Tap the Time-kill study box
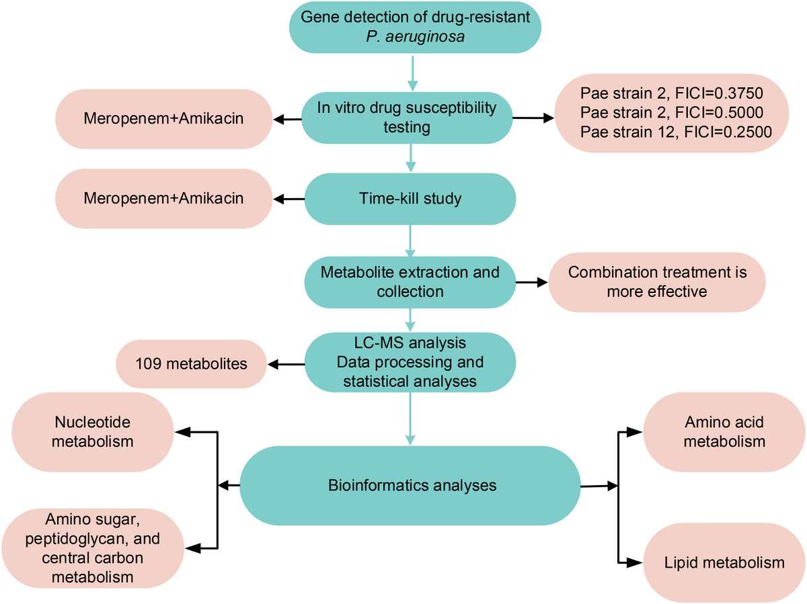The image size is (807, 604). point(410,199)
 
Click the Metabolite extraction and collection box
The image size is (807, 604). point(410,282)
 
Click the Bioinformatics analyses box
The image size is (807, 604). point(410,484)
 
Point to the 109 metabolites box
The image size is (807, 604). point(192,364)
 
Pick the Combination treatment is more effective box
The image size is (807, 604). point(657,282)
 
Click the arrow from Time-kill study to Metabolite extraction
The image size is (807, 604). point(410,241)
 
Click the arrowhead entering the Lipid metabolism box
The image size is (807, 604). point(634,562)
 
